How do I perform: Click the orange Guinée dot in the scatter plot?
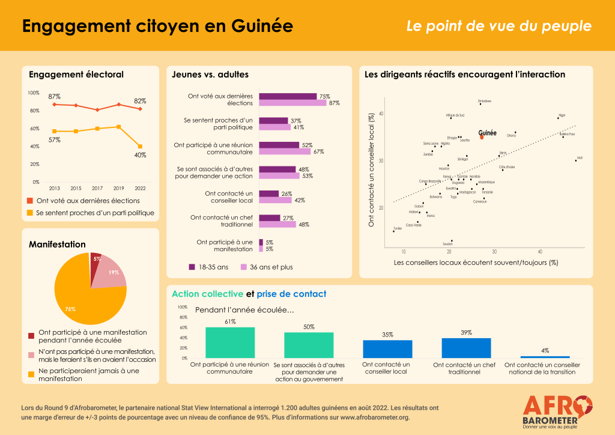[482, 138]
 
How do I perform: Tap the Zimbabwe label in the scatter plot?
[484, 101]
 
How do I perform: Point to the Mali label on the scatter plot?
[580, 157]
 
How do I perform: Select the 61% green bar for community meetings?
[230, 342]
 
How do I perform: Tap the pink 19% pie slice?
[112, 272]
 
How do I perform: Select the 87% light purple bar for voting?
[292, 103]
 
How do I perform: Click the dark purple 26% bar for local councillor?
[268, 193]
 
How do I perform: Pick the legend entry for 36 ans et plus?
[267, 267]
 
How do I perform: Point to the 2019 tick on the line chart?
[118, 189]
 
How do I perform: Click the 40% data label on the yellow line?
[140, 154]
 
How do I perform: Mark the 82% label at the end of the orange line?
[140, 101]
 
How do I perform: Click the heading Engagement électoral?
[76, 75]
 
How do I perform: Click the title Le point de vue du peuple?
[498, 26]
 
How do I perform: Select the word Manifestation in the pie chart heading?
[57, 245]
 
